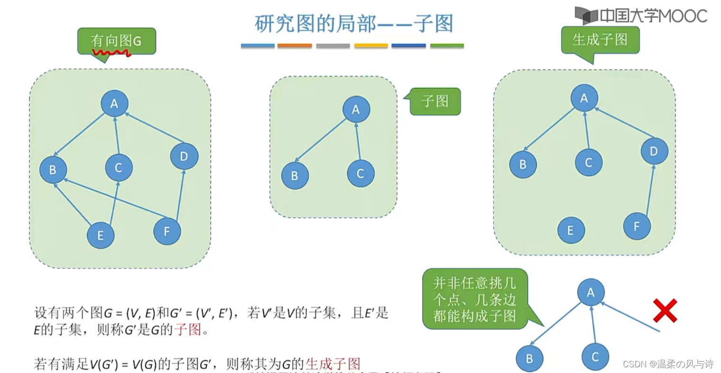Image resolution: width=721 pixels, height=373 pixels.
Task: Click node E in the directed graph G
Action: pyautogui.click(x=100, y=235)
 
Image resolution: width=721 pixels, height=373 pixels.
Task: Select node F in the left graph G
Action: pyautogui.click(x=167, y=231)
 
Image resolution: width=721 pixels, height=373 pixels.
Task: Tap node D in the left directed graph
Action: pyautogui.click(x=184, y=156)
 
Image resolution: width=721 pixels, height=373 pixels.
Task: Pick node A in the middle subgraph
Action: pyautogui.click(x=356, y=109)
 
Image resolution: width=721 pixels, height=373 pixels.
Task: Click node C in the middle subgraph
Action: pyautogui.click(x=360, y=173)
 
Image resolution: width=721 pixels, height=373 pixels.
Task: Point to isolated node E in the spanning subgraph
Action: pyautogui.click(x=570, y=230)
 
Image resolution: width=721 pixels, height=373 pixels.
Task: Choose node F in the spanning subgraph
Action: pyautogui.click(x=637, y=226)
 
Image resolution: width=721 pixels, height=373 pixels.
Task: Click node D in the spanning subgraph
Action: pyautogui.click(x=654, y=151)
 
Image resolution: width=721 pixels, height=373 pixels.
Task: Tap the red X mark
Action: pyautogui.click(x=665, y=310)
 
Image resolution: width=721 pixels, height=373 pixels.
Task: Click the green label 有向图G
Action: pyautogui.click(x=117, y=41)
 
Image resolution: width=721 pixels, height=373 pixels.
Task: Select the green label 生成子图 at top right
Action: pyautogui.click(x=600, y=39)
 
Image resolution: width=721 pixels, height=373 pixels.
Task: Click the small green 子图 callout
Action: pyautogui.click(x=435, y=101)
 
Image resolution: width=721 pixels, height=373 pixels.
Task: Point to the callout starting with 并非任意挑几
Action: pyautogui.click(x=475, y=299)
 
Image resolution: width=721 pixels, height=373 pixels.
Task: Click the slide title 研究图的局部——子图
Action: pyautogui.click(x=354, y=23)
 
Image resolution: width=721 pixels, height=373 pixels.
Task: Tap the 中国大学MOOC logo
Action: pyautogui.click(x=641, y=16)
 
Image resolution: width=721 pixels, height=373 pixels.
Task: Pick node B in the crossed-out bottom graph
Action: pyautogui.click(x=529, y=359)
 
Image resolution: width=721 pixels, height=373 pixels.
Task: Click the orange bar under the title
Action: pyautogui.click(x=294, y=46)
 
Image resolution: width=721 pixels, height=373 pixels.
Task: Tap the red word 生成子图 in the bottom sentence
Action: pyautogui.click(x=333, y=364)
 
